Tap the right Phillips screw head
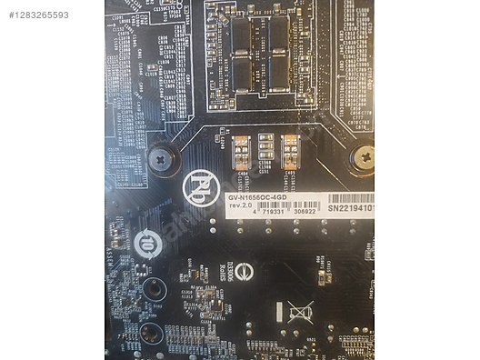[363, 158]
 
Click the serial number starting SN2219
[350, 209]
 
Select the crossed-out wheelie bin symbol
[301, 314]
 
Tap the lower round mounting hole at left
[152, 335]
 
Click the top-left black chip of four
[242, 31]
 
